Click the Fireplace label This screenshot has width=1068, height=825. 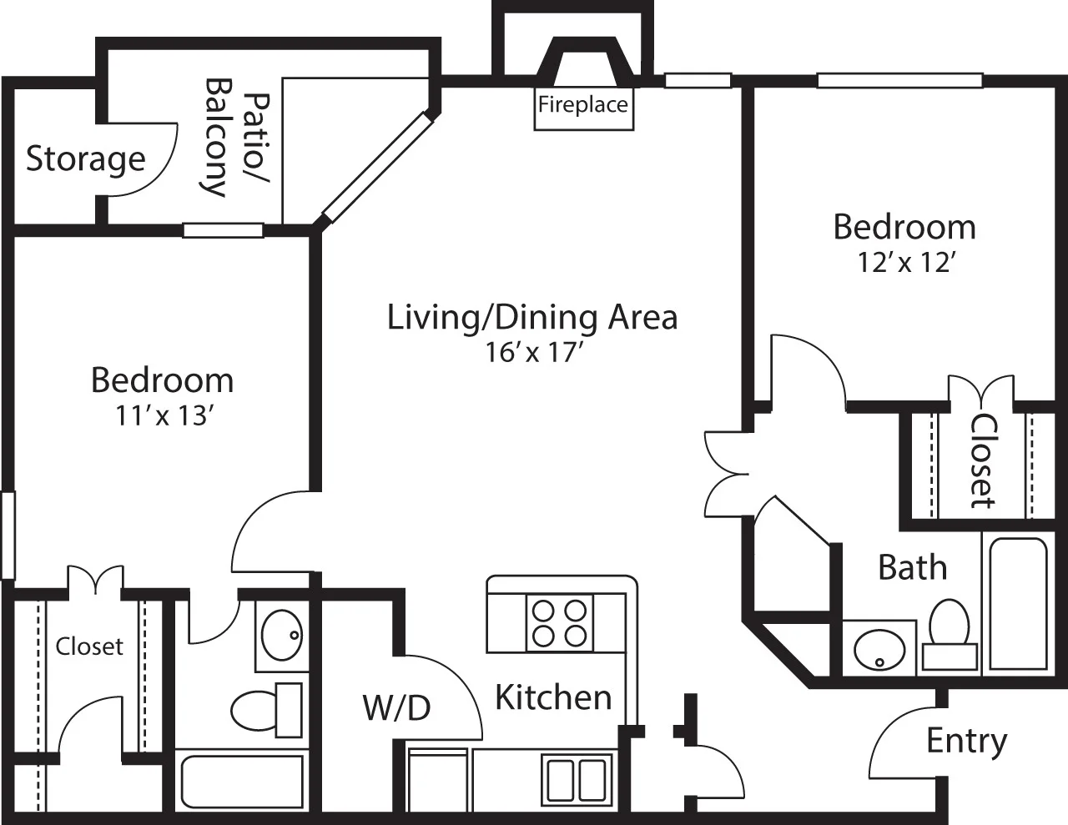tap(582, 105)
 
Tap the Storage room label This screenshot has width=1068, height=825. tap(85, 158)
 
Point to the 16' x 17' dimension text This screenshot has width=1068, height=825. tap(532, 353)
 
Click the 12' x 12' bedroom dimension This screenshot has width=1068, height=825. tap(905, 263)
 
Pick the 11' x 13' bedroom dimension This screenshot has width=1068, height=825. tap(162, 415)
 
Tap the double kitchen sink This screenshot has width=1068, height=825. tap(576, 779)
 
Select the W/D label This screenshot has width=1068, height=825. tap(396, 707)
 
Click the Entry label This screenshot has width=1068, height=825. tap(967, 741)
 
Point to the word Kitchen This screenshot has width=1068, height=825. tap(553, 697)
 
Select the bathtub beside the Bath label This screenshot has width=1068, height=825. tap(1015, 602)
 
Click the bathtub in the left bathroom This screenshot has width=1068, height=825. tap(242, 782)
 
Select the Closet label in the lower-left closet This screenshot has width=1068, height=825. tap(89, 646)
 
